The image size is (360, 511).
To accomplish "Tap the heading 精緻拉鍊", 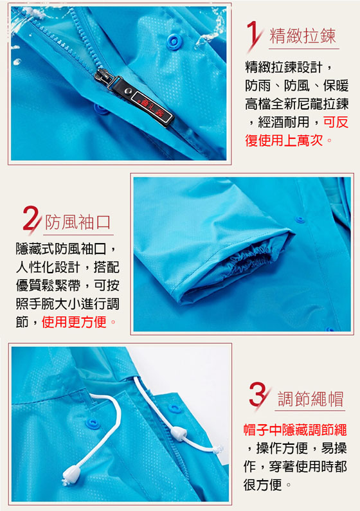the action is pos(303,36).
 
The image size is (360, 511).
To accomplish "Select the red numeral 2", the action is pos(31,219).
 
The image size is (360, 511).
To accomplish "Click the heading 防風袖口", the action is pos(78,222).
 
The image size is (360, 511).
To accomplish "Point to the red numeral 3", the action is pos(258,395).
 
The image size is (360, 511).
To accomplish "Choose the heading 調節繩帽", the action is pos(310,399).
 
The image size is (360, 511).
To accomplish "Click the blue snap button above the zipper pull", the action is pos(174,41).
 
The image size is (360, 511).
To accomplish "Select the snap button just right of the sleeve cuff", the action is pos(300,220).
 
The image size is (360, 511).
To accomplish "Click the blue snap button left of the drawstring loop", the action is pos(93,424).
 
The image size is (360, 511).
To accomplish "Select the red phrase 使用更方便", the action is pos(74,322).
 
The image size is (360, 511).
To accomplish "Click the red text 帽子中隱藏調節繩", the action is pos(295,430).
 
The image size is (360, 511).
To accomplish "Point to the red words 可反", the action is pos(336,122).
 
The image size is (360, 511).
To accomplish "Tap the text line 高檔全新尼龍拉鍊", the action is pos(297,104).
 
